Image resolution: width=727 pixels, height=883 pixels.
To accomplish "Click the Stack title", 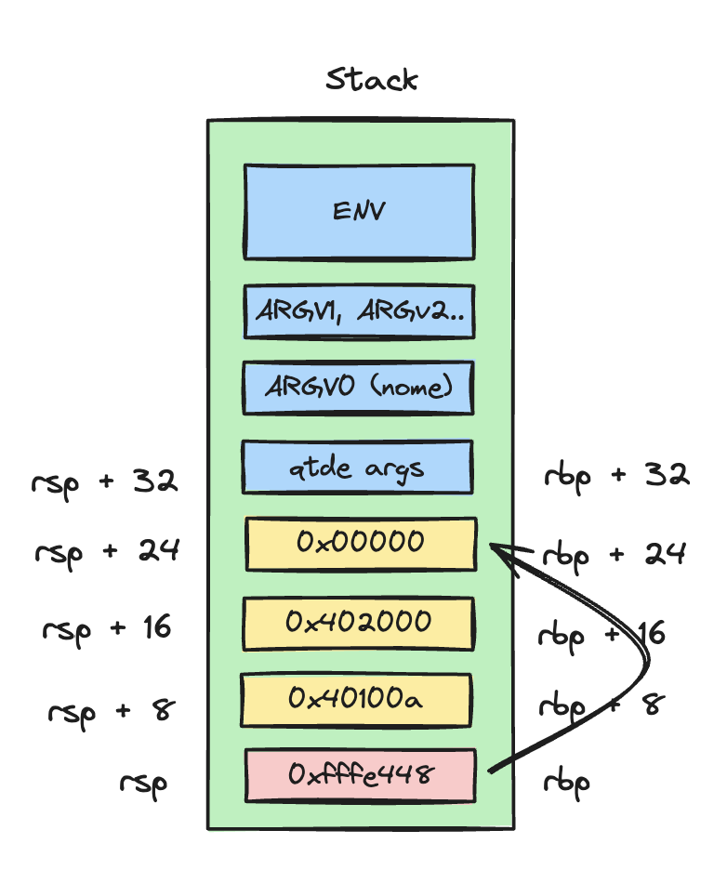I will [x=371, y=80].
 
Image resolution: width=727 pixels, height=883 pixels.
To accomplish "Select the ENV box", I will [x=359, y=211].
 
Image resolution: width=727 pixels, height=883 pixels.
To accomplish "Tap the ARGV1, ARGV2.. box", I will [x=359, y=311].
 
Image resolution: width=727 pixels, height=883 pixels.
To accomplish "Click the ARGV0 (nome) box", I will [x=359, y=388].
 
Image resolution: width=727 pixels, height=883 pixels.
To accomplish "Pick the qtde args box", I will [x=358, y=467].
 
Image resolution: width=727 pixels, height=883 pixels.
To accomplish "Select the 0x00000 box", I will [x=361, y=544].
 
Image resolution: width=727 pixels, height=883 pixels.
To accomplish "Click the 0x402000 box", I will [x=359, y=623].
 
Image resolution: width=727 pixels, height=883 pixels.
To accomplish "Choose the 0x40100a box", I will [x=356, y=699].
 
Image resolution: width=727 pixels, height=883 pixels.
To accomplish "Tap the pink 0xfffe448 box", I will [x=361, y=774].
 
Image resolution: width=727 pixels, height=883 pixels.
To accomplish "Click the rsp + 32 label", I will [x=104, y=481].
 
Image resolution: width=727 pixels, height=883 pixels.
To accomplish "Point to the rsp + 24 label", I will [x=107, y=551].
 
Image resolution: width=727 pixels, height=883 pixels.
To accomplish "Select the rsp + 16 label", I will [x=107, y=628].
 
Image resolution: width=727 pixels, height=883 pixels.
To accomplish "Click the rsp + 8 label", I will [x=111, y=711].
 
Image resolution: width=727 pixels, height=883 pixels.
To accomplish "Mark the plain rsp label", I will [x=143, y=783].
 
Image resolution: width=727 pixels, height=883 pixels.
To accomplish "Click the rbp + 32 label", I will [x=615, y=476].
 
